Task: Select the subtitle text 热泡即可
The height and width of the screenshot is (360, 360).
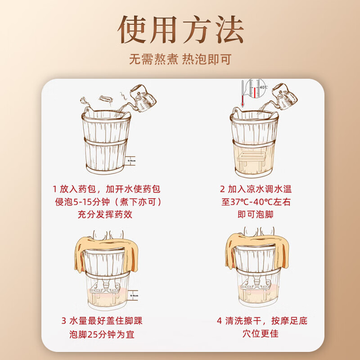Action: click(207, 59)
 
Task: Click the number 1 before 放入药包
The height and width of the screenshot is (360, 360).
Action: click(55, 189)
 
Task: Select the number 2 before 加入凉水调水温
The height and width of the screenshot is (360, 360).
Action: click(222, 189)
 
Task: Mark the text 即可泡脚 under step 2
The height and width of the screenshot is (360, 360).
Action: click(256, 215)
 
